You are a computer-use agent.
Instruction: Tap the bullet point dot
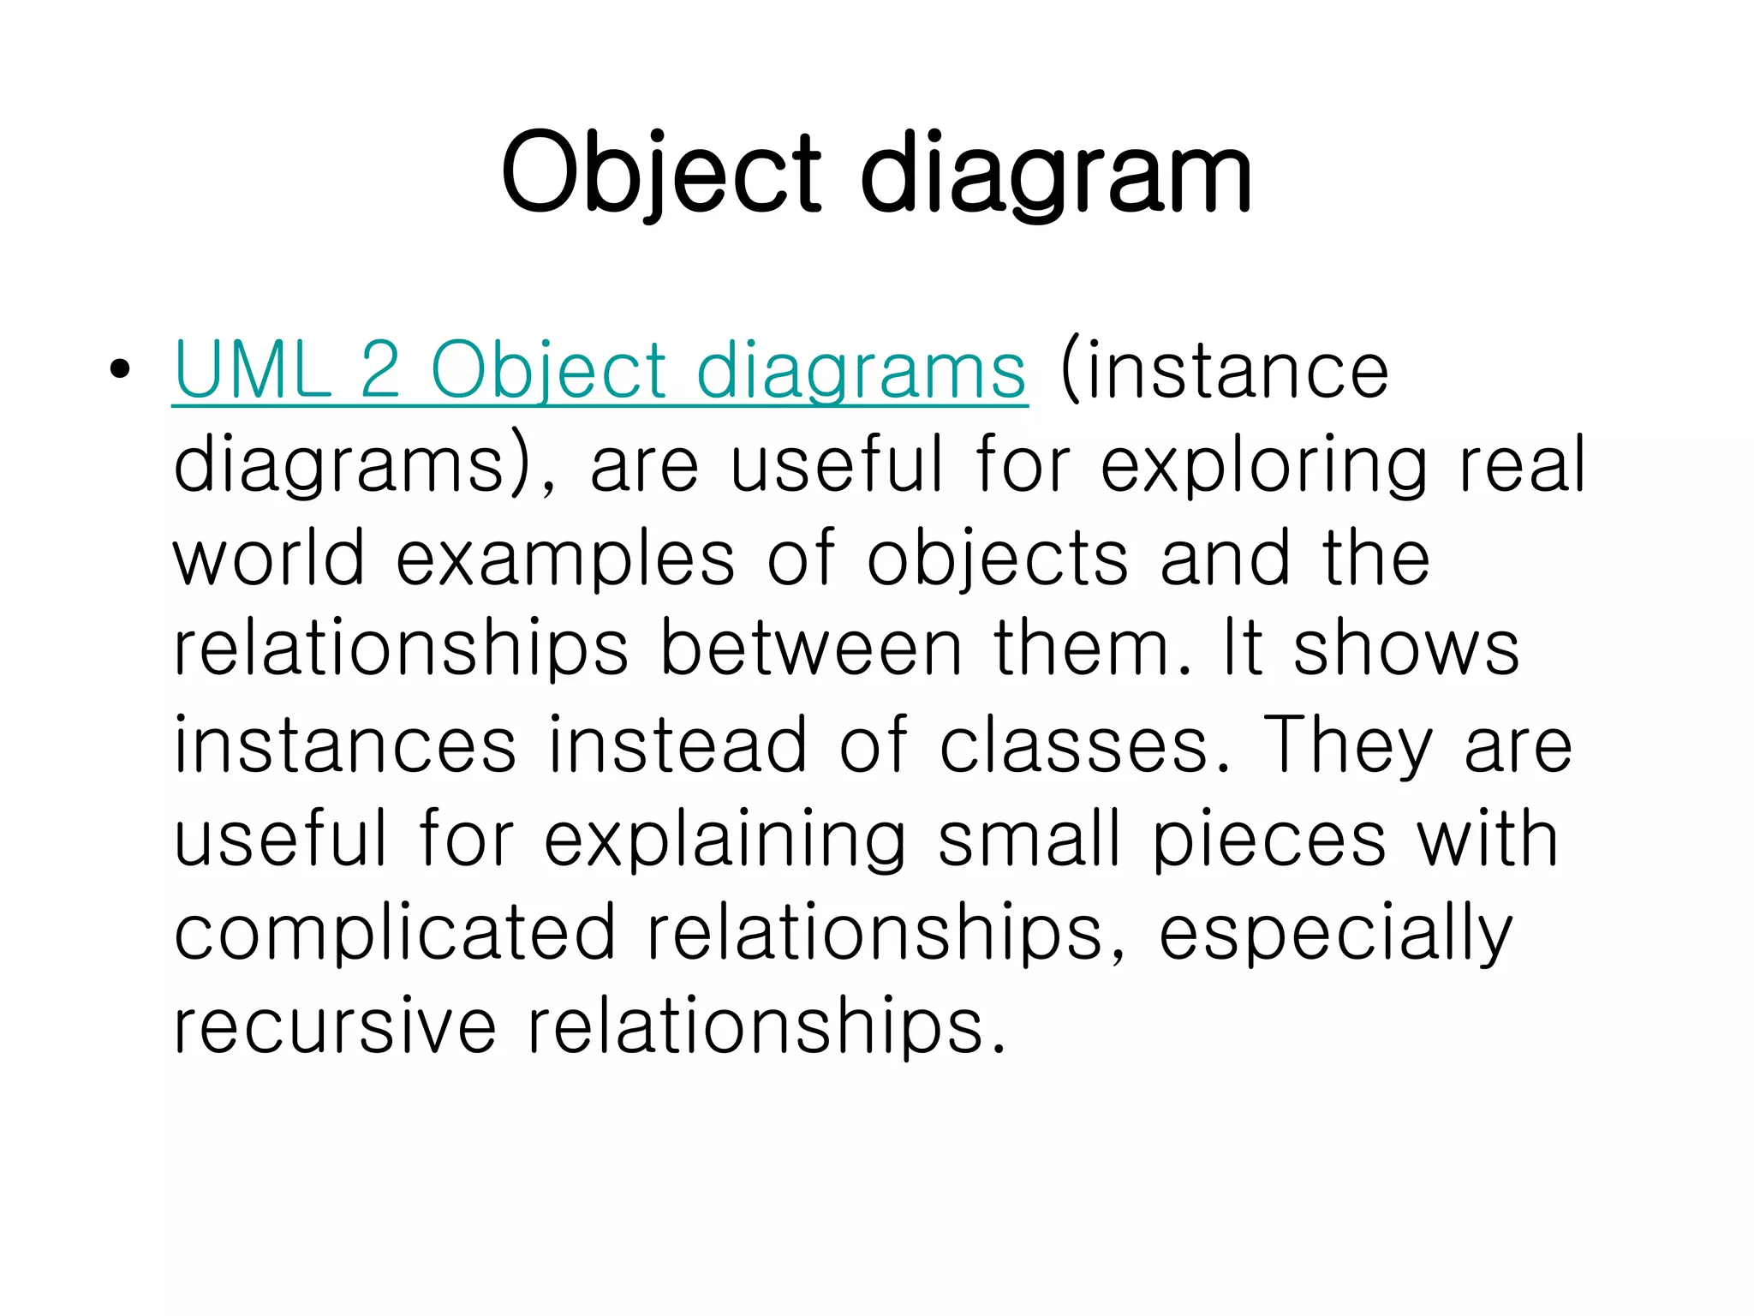120,369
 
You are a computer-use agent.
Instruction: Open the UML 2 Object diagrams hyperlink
600,371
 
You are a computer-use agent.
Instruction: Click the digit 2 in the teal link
380,370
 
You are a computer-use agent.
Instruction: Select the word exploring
1263,465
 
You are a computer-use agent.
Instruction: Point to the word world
269,559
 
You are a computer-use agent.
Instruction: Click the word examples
565,559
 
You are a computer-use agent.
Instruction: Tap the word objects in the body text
998,559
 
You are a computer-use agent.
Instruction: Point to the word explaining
725,840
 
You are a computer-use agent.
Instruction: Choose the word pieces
1269,840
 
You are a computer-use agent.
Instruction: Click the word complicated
395,932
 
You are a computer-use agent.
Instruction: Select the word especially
1336,932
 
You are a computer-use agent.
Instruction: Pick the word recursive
335,1026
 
